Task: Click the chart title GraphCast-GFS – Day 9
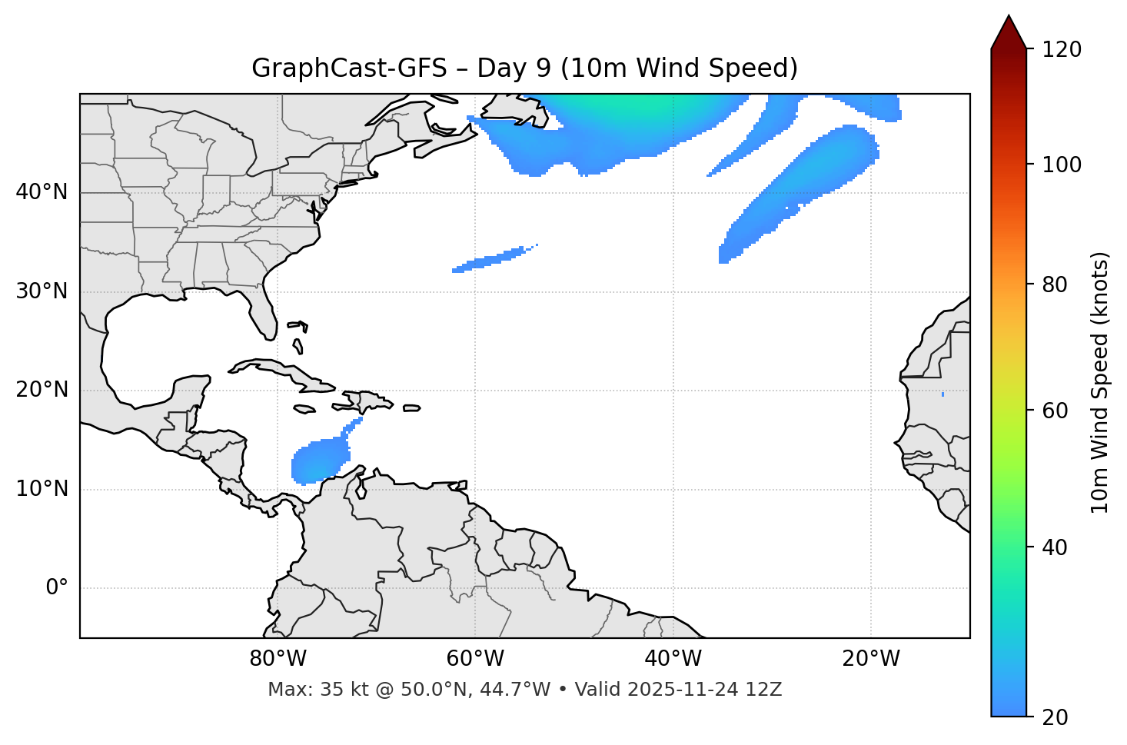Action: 524,68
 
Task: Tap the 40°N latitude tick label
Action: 42,192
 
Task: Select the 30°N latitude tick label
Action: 42,291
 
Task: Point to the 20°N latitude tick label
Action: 42,390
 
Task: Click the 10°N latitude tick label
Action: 42,489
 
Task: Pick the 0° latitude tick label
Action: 57,588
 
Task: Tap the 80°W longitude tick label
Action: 278,659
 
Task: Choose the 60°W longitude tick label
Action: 475,659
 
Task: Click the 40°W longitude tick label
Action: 673,659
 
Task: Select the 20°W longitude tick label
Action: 870,659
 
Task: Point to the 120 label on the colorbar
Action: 1062,50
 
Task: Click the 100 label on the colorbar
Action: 1062,165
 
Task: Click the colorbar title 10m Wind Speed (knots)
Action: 1099,382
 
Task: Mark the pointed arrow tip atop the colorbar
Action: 1009,17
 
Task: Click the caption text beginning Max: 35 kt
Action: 524,690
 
